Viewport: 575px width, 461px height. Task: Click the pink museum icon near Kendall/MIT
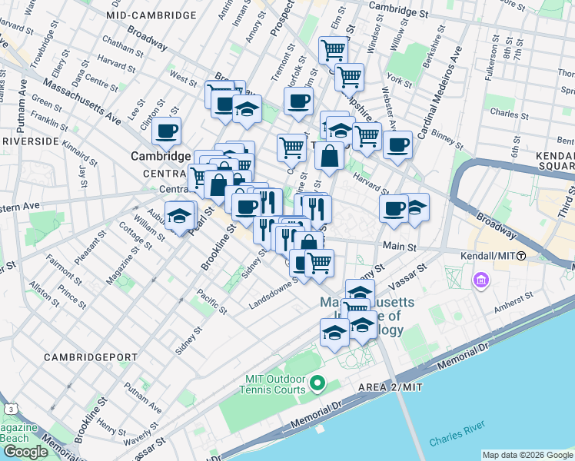(482, 280)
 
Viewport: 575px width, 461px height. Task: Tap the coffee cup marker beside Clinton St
(166, 131)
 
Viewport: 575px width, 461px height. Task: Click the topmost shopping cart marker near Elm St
(333, 51)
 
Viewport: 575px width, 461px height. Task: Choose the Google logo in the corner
(25, 452)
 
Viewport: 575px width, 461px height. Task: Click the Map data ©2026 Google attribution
(527, 455)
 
